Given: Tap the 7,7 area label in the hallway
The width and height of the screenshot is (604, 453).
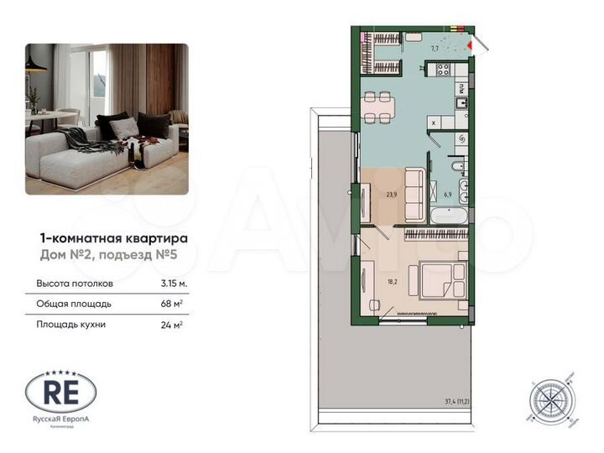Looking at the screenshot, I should pos(435,50).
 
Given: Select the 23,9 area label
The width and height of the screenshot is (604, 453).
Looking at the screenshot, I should pos(391,193).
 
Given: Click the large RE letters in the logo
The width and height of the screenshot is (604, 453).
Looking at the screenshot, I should pos(60,392).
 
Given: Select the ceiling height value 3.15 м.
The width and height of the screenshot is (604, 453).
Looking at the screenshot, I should pos(174,283).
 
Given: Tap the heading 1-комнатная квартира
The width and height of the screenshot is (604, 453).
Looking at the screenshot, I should pos(115,238).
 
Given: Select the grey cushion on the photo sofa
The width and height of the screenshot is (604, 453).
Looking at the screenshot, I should pos(124,128).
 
